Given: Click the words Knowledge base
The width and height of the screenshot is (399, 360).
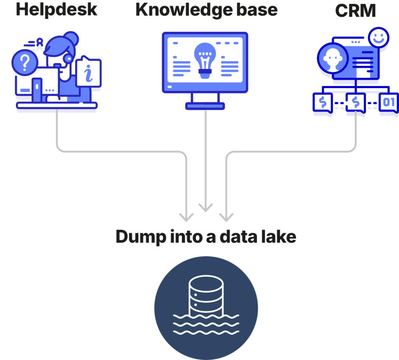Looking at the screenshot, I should [206, 9].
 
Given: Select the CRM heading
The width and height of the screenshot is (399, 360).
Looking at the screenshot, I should [355, 11].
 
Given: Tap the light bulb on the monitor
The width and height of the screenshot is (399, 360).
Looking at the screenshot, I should [205, 58].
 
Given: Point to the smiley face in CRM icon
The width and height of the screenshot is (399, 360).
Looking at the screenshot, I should [377, 38].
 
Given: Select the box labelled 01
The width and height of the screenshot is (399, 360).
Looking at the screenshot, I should [388, 103].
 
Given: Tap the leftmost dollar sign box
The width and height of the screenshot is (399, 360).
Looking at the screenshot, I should [322, 103].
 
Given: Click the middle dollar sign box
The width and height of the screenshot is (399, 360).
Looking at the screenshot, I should [355, 103].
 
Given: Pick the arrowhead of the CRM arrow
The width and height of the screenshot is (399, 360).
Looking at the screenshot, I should [226, 217].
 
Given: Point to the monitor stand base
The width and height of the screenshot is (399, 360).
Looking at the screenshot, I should [205, 106].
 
